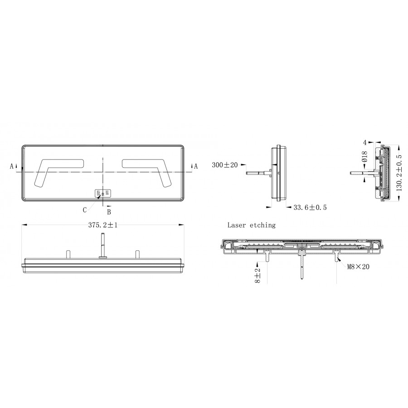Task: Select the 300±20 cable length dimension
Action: pyautogui.click(x=224, y=165)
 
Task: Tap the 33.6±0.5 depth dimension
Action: pyautogui.click(x=310, y=207)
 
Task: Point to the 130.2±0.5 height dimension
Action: pyautogui.click(x=399, y=173)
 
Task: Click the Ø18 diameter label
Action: pyautogui.click(x=364, y=157)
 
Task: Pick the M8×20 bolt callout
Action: pyautogui.click(x=358, y=267)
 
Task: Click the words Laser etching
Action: pyautogui.click(x=251, y=225)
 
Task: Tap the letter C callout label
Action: pyautogui.click(x=85, y=209)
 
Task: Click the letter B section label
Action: pyautogui.click(x=109, y=212)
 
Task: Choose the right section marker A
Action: pyautogui.click(x=196, y=166)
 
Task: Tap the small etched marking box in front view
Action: pyautogui.click(x=103, y=194)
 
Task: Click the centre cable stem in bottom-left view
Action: pyautogui.click(x=103, y=245)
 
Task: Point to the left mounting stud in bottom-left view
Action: pyautogui.click(x=68, y=255)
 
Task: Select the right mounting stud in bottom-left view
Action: pyautogui.click(x=136, y=255)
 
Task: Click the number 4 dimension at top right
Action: pyautogui.click(x=364, y=142)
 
